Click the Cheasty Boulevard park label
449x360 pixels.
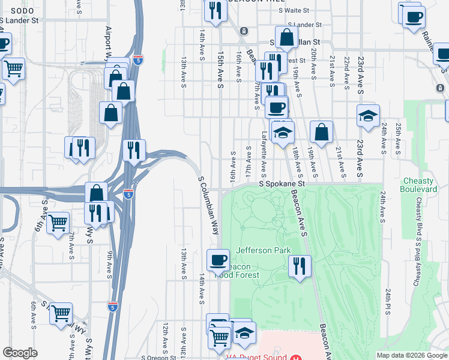coord(420,185)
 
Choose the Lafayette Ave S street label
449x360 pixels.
coord(263,153)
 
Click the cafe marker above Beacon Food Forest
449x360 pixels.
coord(217,260)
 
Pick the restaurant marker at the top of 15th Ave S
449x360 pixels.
coord(213,9)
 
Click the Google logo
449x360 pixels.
coord(20,353)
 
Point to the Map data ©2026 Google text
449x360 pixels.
coord(411,355)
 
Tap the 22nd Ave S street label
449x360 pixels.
coord(346,72)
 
